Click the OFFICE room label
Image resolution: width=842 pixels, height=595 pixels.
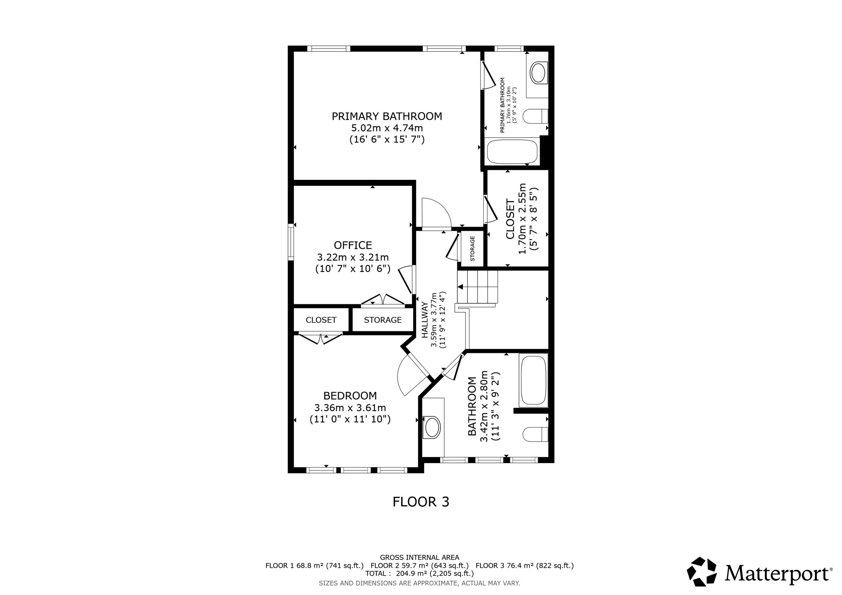coord(353,245)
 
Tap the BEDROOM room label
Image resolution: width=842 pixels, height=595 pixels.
coord(350,395)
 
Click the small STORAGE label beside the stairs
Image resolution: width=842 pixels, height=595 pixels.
coord(472,249)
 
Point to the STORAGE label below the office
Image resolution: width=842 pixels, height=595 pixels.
coord(383,320)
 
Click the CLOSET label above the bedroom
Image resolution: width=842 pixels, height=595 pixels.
coord(321,320)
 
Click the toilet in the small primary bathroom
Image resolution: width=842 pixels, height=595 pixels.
coord(535,116)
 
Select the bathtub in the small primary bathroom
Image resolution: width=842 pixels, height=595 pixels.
coord(512,151)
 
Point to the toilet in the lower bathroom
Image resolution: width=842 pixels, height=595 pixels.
coord(535,435)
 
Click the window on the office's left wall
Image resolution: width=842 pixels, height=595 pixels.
coord(291,242)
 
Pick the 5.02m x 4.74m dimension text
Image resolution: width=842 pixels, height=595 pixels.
coord(387,128)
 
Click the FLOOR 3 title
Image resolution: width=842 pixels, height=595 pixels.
coord(421,502)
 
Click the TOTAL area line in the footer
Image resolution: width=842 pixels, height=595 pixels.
coord(420,573)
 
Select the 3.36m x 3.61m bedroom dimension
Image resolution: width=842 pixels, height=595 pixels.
coord(350,408)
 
